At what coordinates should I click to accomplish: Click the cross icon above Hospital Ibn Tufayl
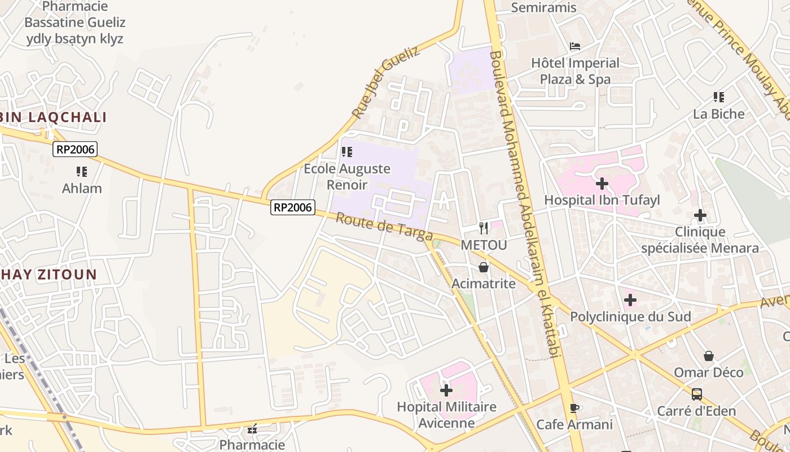point(602,184)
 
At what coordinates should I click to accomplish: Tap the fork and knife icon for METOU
point(484,228)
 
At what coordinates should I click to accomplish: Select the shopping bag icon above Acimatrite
point(484,267)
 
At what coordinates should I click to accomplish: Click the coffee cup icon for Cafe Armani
point(574,408)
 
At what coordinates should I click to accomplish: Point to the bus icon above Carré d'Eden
point(697,394)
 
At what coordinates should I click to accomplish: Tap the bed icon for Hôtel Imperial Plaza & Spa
point(575,46)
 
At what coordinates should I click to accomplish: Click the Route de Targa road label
point(384,227)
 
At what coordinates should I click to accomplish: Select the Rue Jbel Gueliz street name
point(386,82)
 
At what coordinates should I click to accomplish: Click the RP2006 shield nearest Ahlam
point(75,149)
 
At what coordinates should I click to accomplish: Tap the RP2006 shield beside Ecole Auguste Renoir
point(292,207)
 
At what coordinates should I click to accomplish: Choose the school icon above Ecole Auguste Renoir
point(347,152)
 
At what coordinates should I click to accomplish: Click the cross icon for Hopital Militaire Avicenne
point(446,390)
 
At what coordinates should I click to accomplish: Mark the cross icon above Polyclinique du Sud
point(630,300)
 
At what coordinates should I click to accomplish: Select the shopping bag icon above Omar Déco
point(709,356)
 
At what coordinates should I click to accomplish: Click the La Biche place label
point(719,114)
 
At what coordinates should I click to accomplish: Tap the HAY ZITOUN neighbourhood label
point(49,275)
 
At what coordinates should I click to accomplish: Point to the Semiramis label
point(543,7)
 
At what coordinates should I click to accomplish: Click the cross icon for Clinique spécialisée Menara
point(700,215)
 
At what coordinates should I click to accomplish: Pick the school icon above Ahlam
point(82,171)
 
